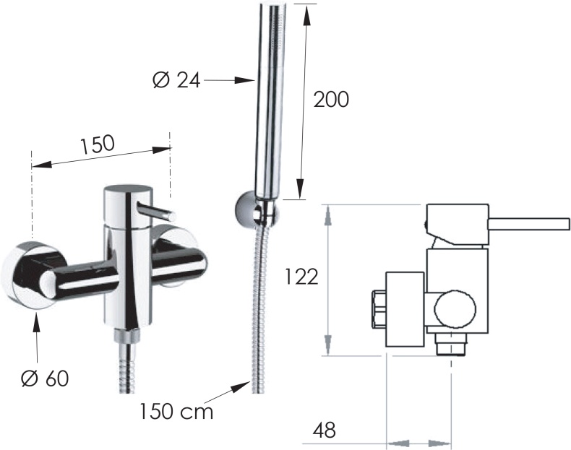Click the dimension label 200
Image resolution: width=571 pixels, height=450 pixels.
331,99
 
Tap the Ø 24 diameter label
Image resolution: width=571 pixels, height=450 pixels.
176,79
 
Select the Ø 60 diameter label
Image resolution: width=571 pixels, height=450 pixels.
45,378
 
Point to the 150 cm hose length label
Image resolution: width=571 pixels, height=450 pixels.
176,411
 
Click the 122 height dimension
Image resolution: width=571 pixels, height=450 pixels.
301,277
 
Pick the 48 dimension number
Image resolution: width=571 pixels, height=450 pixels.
324,430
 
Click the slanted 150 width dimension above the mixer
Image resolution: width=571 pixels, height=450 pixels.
98,144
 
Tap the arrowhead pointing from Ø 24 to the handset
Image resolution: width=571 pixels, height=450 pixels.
244,80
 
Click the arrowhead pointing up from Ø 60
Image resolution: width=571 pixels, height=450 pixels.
35,321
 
